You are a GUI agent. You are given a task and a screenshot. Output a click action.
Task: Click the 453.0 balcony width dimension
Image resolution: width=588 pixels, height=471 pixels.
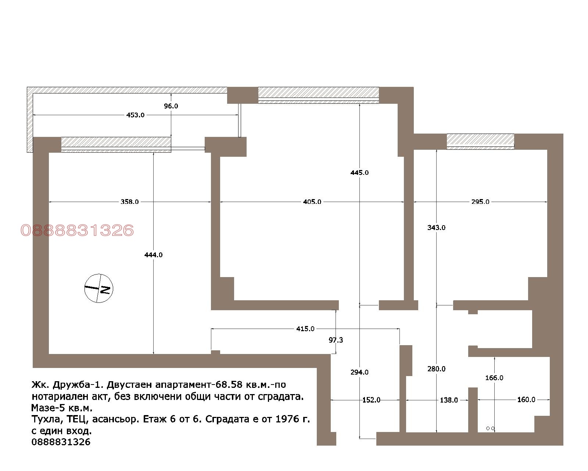pyautogui.click(x=135, y=115)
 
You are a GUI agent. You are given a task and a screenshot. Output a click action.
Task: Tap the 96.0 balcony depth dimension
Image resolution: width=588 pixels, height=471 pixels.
pyautogui.click(x=171, y=106)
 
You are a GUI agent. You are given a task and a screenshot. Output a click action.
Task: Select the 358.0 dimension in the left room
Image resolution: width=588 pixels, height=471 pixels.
pyautogui.click(x=130, y=202)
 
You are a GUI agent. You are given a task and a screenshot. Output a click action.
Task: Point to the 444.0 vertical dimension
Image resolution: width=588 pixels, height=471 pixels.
pyautogui.click(x=153, y=255)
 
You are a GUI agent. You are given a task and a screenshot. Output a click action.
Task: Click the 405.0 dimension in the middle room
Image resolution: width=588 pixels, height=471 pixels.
pyautogui.click(x=312, y=202)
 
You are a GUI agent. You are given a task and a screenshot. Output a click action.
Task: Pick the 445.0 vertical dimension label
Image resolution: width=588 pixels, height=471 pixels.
pyautogui.click(x=359, y=173)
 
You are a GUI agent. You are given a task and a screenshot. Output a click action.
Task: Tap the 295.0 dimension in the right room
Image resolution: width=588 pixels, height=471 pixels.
pyautogui.click(x=480, y=202)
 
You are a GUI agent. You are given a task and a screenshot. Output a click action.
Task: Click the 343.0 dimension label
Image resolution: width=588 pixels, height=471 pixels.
pyautogui.click(x=436, y=227)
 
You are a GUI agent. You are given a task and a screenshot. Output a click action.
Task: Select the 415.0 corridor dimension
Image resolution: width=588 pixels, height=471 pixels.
pyautogui.click(x=305, y=329)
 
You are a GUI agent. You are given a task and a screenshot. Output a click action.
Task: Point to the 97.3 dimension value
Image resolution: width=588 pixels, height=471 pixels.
pyautogui.click(x=336, y=340)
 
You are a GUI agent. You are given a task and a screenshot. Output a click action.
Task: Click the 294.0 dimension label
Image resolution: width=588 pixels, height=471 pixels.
pyautogui.click(x=359, y=372)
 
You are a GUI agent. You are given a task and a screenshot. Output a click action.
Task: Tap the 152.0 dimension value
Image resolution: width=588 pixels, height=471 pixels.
pyautogui.click(x=371, y=400)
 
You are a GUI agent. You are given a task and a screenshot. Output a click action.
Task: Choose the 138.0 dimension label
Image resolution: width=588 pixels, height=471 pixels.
pyautogui.click(x=449, y=400)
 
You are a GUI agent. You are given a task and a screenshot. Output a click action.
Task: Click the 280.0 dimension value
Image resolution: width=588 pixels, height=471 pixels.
pyautogui.click(x=436, y=369)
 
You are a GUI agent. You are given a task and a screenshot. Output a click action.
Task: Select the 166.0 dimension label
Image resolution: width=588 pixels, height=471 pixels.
pyautogui.click(x=494, y=378)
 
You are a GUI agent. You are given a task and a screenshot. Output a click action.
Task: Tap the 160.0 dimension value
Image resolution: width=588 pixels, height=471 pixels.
pyautogui.click(x=526, y=400)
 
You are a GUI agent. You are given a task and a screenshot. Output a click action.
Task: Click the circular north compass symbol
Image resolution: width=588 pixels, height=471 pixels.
pyautogui.click(x=98, y=288)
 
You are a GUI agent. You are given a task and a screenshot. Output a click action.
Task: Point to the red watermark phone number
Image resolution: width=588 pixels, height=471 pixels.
pyautogui.click(x=77, y=230)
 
